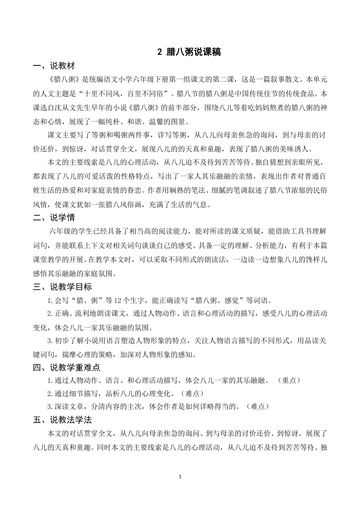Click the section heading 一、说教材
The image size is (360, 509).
click(x=54, y=66)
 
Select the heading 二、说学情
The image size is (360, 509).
click(x=54, y=218)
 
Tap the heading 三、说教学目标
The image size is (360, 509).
click(x=62, y=287)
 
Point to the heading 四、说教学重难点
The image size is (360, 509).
click(x=66, y=367)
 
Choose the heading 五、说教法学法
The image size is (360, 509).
click(x=62, y=420)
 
